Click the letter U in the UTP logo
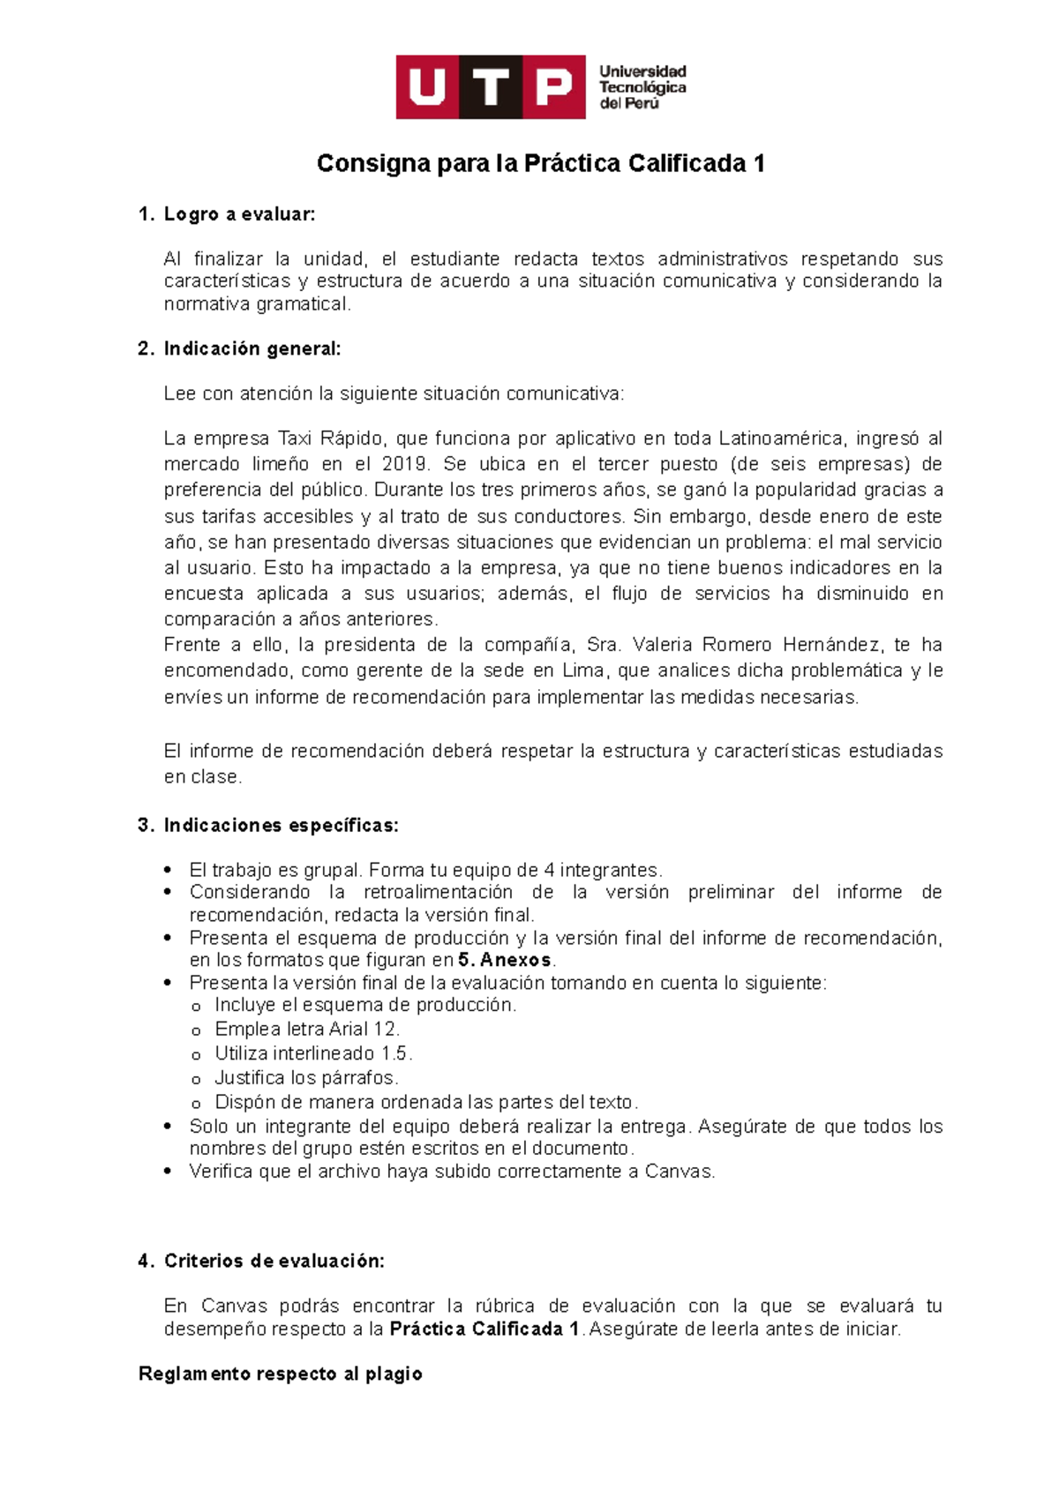coord(427,87)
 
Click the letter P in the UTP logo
coord(554,87)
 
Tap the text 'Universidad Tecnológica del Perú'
coord(642,87)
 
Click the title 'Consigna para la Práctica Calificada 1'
coord(540,163)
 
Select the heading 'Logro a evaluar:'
coord(239,214)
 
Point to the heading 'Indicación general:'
coord(252,348)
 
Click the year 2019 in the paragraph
coord(405,464)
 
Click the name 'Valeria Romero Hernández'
coord(756,645)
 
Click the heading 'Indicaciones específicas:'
coord(281,826)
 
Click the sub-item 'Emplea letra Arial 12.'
coord(307,1029)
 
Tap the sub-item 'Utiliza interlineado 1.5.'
coord(313,1053)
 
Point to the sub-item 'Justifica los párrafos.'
coord(306,1078)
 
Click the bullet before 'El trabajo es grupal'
coord(168,871)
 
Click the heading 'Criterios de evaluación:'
coord(274,1261)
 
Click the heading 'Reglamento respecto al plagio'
coord(281,1374)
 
